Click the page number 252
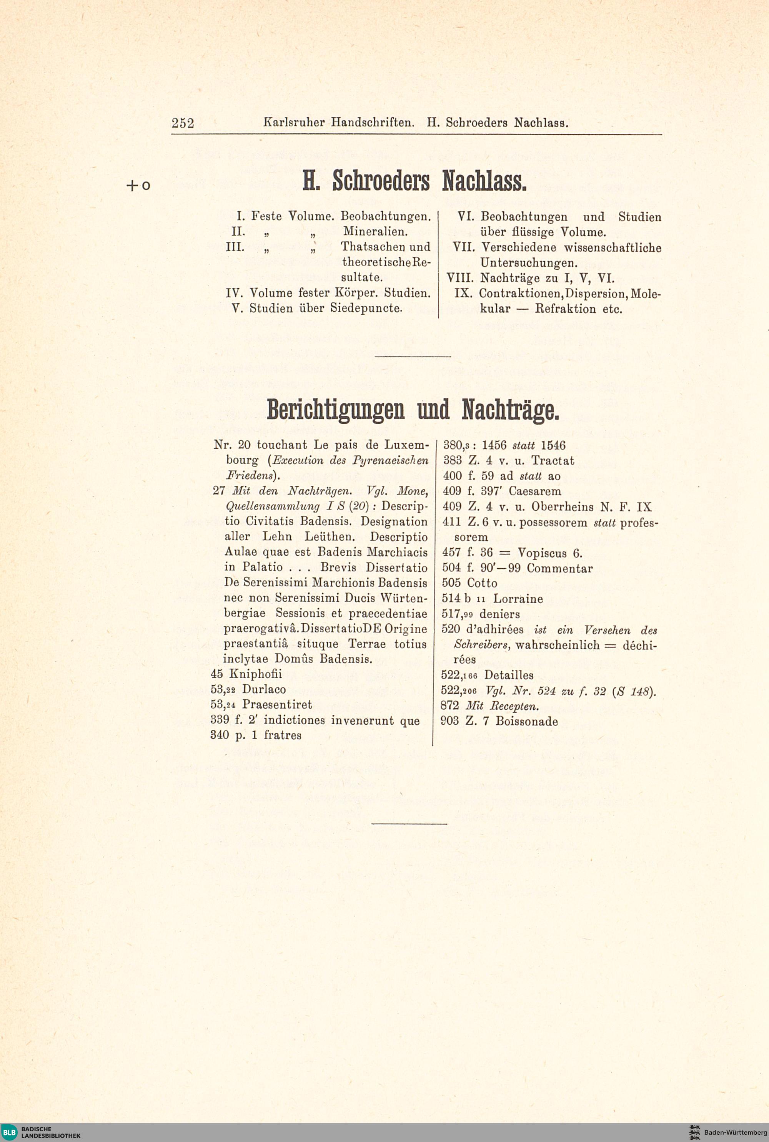tap(183, 123)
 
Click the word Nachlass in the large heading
tap(484, 181)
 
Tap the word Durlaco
tap(264, 689)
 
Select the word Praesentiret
tap(277, 705)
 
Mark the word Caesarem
tap(536, 491)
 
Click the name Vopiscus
tap(543, 553)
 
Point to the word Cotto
tap(482, 583)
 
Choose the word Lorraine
tap(518, 599)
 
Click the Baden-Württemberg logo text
tap(735, 1132)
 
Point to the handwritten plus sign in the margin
tap(132, 185)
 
